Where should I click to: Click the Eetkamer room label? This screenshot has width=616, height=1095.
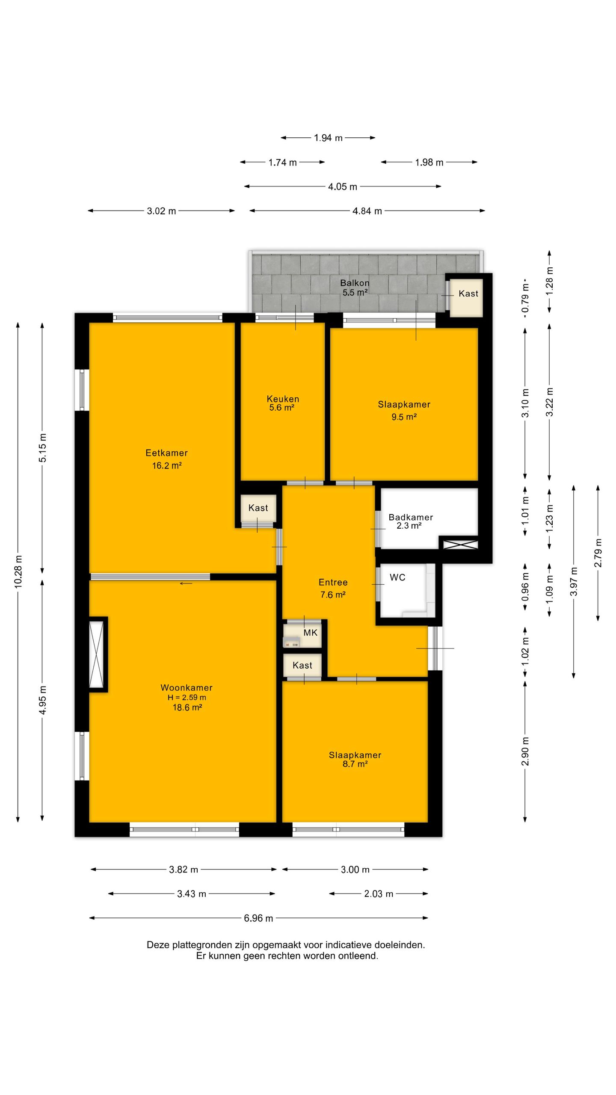point(166,453)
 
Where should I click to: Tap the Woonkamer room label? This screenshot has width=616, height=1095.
point(187,687)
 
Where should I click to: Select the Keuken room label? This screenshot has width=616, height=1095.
point(283,399)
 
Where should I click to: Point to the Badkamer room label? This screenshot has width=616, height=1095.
point(411,517)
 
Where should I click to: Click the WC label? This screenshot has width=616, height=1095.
point(397,577)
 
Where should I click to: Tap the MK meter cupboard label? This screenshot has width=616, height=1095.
point(311,632)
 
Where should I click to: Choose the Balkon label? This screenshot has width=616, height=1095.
point(355,283)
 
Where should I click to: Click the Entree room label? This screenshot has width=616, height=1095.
point(333,582)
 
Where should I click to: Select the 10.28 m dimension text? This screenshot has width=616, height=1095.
point(18,571)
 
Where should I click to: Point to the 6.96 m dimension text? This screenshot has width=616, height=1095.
point(258,918)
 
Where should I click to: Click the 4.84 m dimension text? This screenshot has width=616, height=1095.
point(367,211)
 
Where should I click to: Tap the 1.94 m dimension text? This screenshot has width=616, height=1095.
point(328,138)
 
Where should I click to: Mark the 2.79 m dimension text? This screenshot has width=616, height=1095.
point(598,553)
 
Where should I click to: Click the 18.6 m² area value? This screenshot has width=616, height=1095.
point(187,707)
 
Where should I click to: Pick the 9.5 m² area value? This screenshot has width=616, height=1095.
point(404,417)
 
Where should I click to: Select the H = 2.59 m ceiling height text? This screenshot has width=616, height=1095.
point(187,697)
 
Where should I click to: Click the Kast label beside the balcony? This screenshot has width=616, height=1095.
point(468,293)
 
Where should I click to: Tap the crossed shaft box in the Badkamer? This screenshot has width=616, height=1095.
point(460,545)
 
